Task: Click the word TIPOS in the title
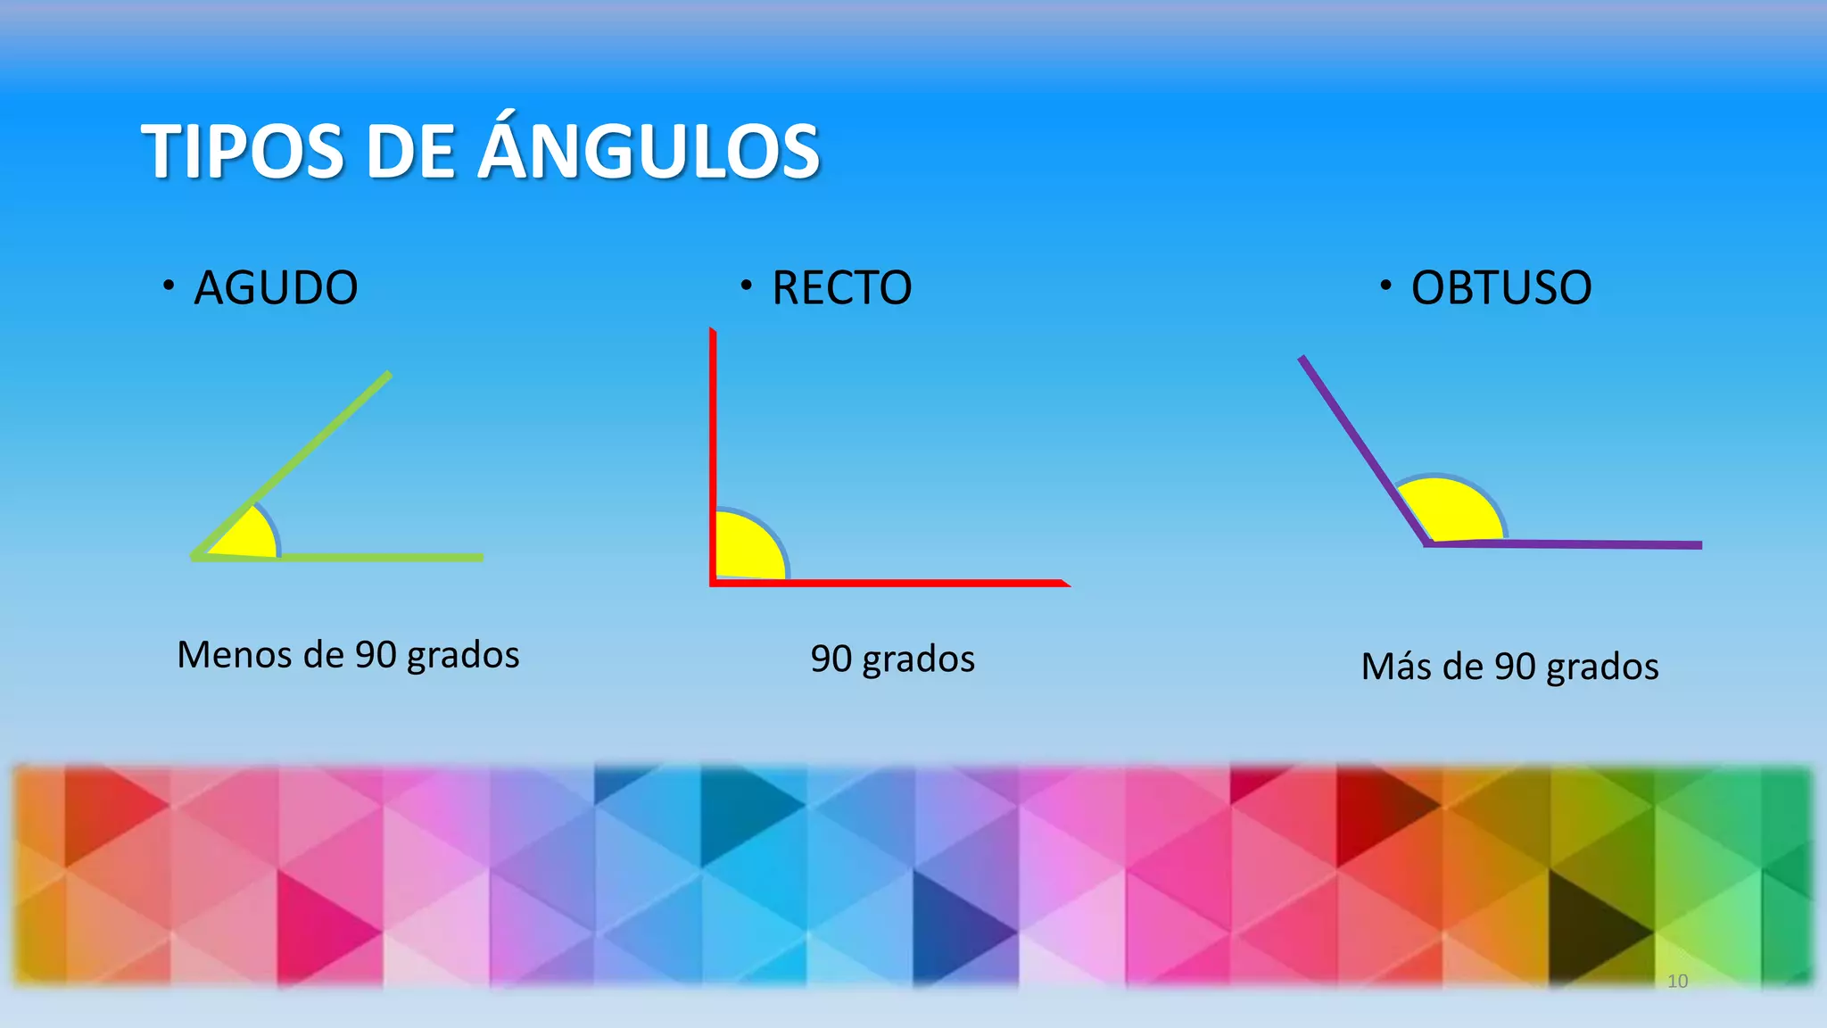pyautogui.click(x=242, y=152)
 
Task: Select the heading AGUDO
pyautogui.click(x=276, y=288)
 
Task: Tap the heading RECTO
pyautogui.click(x=841, y=288)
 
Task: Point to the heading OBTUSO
pyautogui.click(x=1500, y=288)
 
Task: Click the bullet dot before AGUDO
pyautogui.click(x=168, y=286)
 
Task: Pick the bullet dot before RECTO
pyautogui.click(x=746, y=286)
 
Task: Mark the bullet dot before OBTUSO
pyautogui.click(x=1385, y=286)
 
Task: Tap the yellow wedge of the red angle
pyautogui.click(x=748, y=548)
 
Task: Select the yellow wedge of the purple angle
pyautogui.click(x=1451, y=511)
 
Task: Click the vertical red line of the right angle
pyautogui.click(x=714, y=419)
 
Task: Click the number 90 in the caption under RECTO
pyautogui.click(x=830, y=659)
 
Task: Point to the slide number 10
pyautogui.click(x=1677, y=981)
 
